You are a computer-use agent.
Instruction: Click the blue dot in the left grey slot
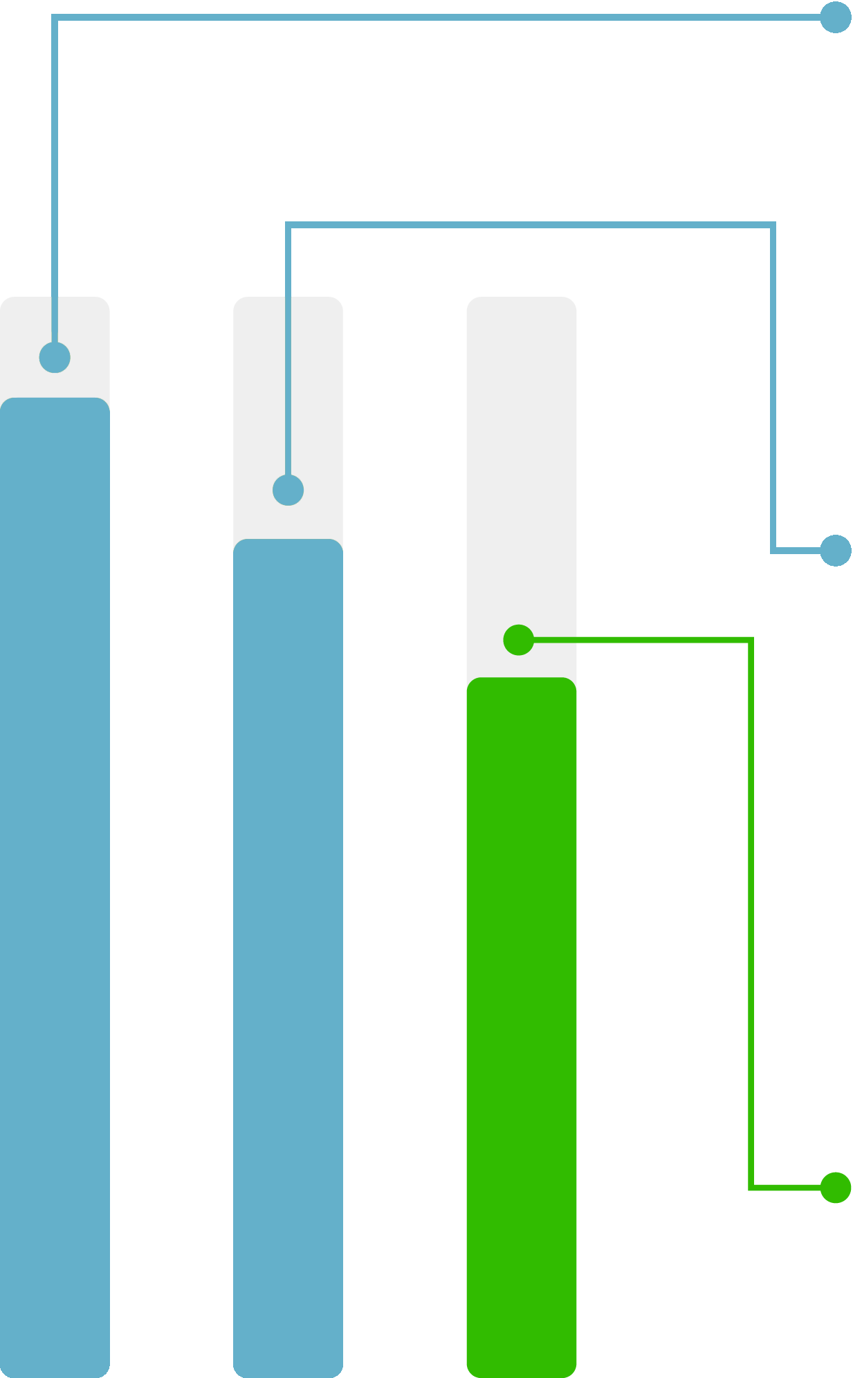coord(55,358)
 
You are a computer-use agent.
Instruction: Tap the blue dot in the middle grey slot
coord(288,490)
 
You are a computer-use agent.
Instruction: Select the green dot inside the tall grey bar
coord(518,640)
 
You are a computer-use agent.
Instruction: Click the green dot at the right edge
coord(835,1188)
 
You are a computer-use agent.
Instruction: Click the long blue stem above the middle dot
coord(288,387)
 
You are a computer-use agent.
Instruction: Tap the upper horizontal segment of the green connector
coord(643,641)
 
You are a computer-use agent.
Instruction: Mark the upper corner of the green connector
coord(751,641)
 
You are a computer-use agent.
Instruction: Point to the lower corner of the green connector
coord(751,1188)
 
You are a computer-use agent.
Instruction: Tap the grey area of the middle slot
coord(315,415)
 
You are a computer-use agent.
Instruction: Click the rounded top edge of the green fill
coord(521,679)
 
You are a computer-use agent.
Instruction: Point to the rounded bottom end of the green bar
coord(521,1372)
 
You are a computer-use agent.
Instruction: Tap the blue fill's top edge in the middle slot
coord(288,540)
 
